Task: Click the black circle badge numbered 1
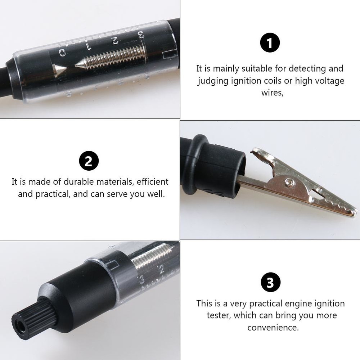pyautogui.click(x=270, y=42)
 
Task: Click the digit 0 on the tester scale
pyautogui.click(x=63, y=53)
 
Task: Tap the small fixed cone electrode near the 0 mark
pyautogui.click(x=59, y=69)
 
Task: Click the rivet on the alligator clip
pyautogui.click(x=288, y=183)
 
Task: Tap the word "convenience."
pyautogui.click(x=273, y=328)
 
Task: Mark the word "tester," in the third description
pyautogui.click(x=219, y=316)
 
